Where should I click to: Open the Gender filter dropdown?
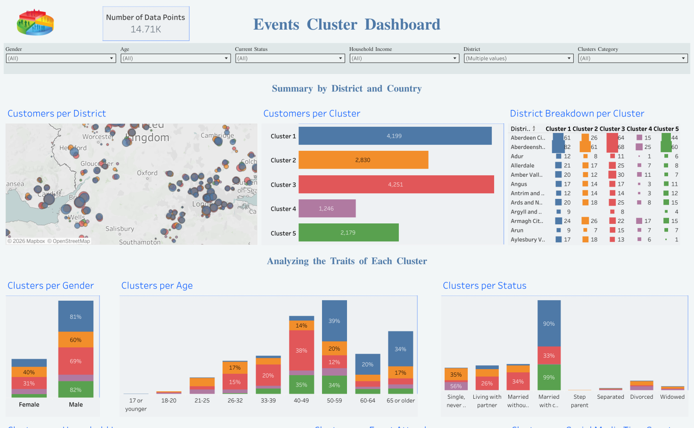(x=61, y=58)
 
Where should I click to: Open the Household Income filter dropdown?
(x=405, y=58)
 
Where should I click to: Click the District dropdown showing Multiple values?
(x=519, y=58)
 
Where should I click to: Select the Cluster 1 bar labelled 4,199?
(x=395, y=136)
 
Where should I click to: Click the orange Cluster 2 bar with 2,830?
(x=363, y=160)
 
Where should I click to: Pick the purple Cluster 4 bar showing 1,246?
(x=327, y=208)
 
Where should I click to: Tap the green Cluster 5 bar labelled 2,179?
(x=348, y=232)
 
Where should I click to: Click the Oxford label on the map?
(x=147, y=173)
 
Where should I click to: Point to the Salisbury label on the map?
(x=120, y=229)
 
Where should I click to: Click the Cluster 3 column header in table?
(x=612, y=129)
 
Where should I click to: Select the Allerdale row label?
(x=522, y=165)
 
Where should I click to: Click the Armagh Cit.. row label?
(x=527, y=221)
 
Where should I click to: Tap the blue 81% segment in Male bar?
(x=75, y=316)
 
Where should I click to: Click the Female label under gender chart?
(x=29, y=404)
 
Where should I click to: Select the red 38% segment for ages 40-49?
(x=301, y=351)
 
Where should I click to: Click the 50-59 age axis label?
(x=334, y=401)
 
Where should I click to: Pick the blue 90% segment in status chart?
(x=549, y=323)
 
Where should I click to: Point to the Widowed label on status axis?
(x=672, y=397)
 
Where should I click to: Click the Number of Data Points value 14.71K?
(x=146, y=29)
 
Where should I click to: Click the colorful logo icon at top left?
(x=35, y=22)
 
